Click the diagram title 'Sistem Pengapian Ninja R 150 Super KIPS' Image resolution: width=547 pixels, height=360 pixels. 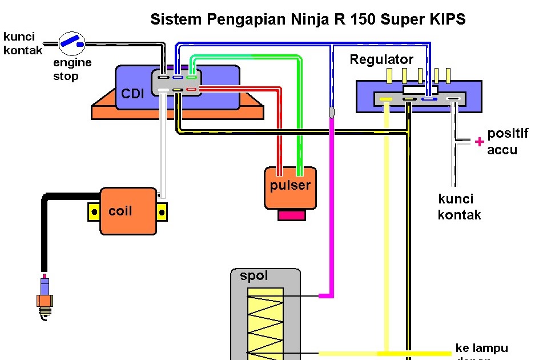308,19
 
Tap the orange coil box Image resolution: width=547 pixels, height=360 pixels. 128,211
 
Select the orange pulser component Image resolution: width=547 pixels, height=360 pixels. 290,187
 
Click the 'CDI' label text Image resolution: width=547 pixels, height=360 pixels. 132,94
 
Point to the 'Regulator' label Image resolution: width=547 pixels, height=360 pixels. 381,59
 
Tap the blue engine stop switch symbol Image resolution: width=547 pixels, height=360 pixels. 73,41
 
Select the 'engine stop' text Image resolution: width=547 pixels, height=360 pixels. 73,69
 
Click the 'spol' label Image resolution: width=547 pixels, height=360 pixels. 254,276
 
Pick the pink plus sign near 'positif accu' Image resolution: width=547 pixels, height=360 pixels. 480,141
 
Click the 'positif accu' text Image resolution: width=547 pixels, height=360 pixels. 508,141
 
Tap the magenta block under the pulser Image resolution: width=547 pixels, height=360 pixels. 292,215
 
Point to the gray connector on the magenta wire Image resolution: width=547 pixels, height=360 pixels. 331,112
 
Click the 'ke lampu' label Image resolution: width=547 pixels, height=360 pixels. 481,348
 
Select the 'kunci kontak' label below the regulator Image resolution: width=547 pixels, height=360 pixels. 459,207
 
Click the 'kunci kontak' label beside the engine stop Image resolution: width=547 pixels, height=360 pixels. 23,43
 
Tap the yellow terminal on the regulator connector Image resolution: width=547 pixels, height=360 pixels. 386,99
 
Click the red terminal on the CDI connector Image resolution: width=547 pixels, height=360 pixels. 191,89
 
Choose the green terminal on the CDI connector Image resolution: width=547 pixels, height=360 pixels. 192,77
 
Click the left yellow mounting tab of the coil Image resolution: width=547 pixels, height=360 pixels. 93,213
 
